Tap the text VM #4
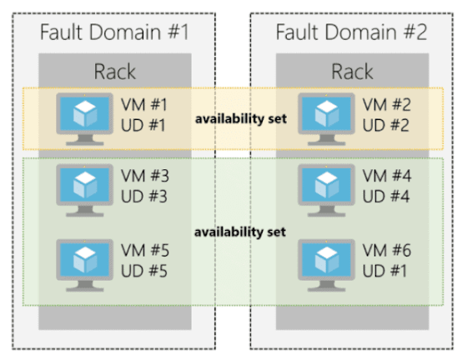point(389,177)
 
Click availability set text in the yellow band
point(240,118)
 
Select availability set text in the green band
point(240,231)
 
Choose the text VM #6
point(389,249)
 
